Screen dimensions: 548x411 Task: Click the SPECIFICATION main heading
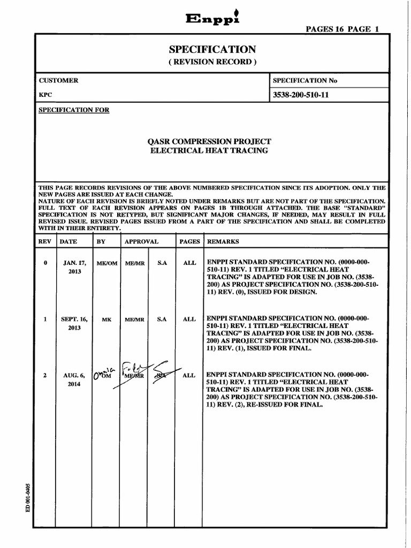pos(212,49)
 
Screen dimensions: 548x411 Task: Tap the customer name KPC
pos(45,94)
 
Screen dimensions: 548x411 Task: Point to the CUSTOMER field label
pos(58,80)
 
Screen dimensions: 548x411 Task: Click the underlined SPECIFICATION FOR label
pos(74,110)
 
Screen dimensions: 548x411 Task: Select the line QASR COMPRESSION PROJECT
pos(209,141)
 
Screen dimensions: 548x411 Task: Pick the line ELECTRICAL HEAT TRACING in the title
pos(209,151)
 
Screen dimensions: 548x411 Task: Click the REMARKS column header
pos(223,241)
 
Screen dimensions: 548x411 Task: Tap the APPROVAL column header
pos(141,241)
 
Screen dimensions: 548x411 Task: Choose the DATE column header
pos(68,241)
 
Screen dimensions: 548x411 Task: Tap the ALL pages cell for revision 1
pos(189,319)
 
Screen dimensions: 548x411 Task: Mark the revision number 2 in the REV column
pos(45,376)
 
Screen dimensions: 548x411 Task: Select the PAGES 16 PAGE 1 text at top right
pos(342,30)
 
